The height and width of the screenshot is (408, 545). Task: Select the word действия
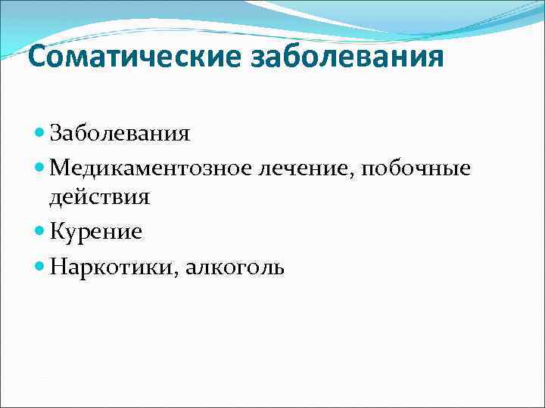(x=99, y=198)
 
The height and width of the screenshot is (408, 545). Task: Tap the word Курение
(x=95, y=232)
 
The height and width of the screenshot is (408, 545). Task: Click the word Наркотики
(x=111, y=265)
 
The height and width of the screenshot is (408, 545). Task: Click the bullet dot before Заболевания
(x=40, y=134)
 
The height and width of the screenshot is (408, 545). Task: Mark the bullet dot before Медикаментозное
(x=40, y=167)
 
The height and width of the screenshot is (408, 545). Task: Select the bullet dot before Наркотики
(x=40, y=265)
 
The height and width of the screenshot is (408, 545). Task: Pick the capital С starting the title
(x=37, y=57)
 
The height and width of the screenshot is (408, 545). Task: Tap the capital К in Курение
(x=57, y=232)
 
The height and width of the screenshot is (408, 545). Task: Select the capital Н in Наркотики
(x=58, y=265)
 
